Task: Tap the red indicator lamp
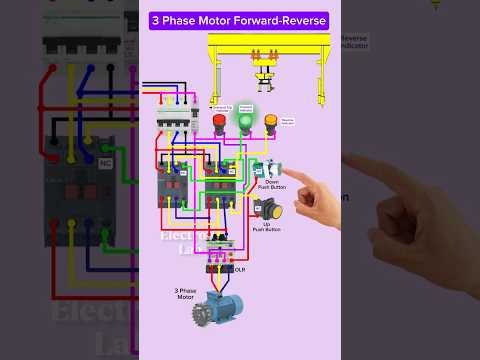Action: click(220, 124)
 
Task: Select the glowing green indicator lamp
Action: click(245, 123)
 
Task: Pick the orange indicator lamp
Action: click(270, 124)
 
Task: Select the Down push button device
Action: click(265, 170)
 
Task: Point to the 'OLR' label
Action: click(240, 269)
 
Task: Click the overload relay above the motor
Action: click(218, 267)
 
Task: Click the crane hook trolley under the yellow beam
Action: click(265, 75)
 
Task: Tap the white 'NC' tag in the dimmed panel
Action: click(106, 163)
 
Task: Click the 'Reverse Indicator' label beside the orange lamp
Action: click(287, 119)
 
